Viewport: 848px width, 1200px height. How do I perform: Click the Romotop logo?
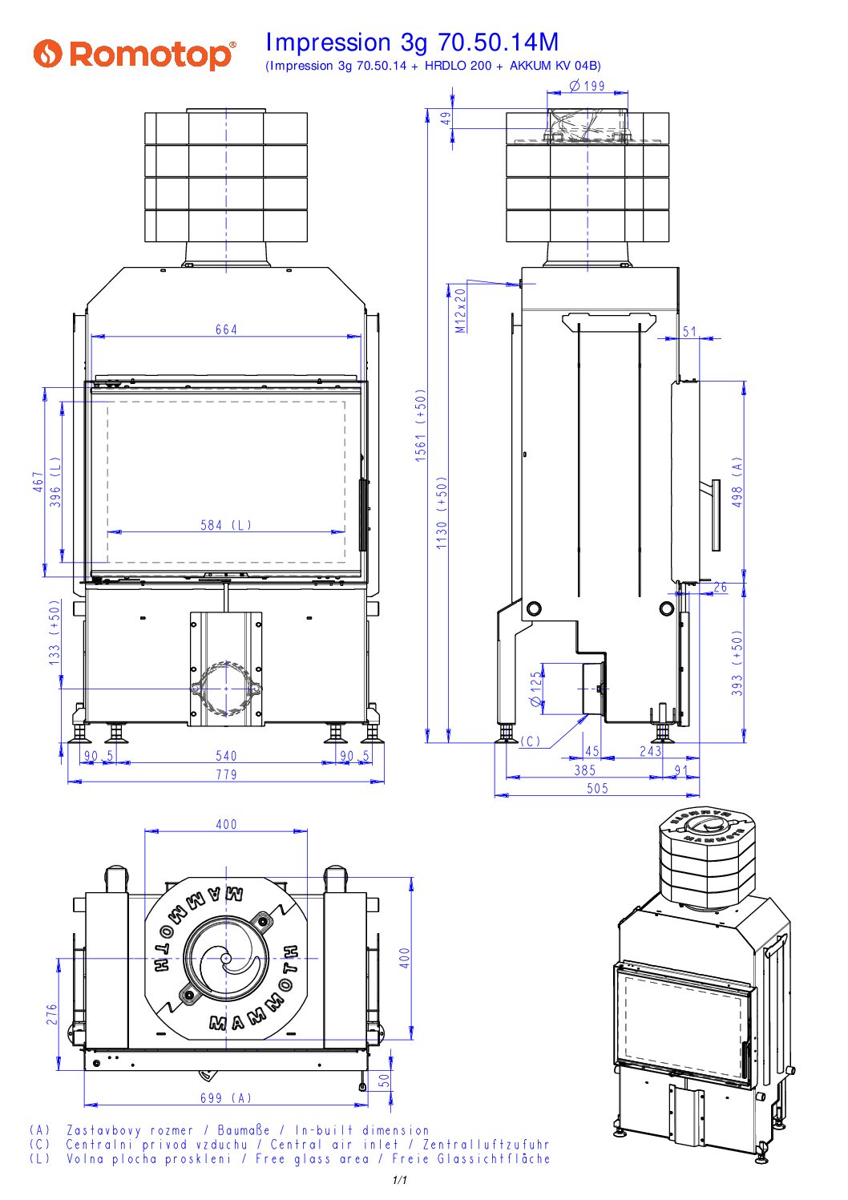pos(135,55)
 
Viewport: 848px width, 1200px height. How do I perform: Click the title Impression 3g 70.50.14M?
pos(411,42)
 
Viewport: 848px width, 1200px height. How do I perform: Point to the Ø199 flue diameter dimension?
pos(588,86)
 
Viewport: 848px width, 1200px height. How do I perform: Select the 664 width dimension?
pos(226,329)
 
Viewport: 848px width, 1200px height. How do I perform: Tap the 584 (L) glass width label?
pos(226,525)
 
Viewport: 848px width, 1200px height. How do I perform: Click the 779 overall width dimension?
pos(226,774)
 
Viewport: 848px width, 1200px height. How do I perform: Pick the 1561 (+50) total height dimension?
pos(421,425)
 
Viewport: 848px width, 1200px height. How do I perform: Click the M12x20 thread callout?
pos(460,310)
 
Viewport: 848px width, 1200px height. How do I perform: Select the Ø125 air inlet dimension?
pos(536,689)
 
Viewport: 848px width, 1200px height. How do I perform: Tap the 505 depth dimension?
pos(597,788)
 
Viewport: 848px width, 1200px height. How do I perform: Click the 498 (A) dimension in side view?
pos(737,482)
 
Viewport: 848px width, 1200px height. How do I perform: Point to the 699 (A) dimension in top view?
pos(226,1097)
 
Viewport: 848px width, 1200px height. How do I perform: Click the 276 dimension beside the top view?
pos(52,1014)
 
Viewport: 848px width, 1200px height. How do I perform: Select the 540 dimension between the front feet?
pos(226,755)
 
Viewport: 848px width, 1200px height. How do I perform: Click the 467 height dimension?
pos(38,482)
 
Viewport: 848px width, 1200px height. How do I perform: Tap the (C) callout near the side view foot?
pos(531,741)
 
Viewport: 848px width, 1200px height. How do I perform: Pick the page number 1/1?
pos(400,1180)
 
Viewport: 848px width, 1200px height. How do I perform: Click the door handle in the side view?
pos(715,515)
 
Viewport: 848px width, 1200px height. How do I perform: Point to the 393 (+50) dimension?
pos(737,662)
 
